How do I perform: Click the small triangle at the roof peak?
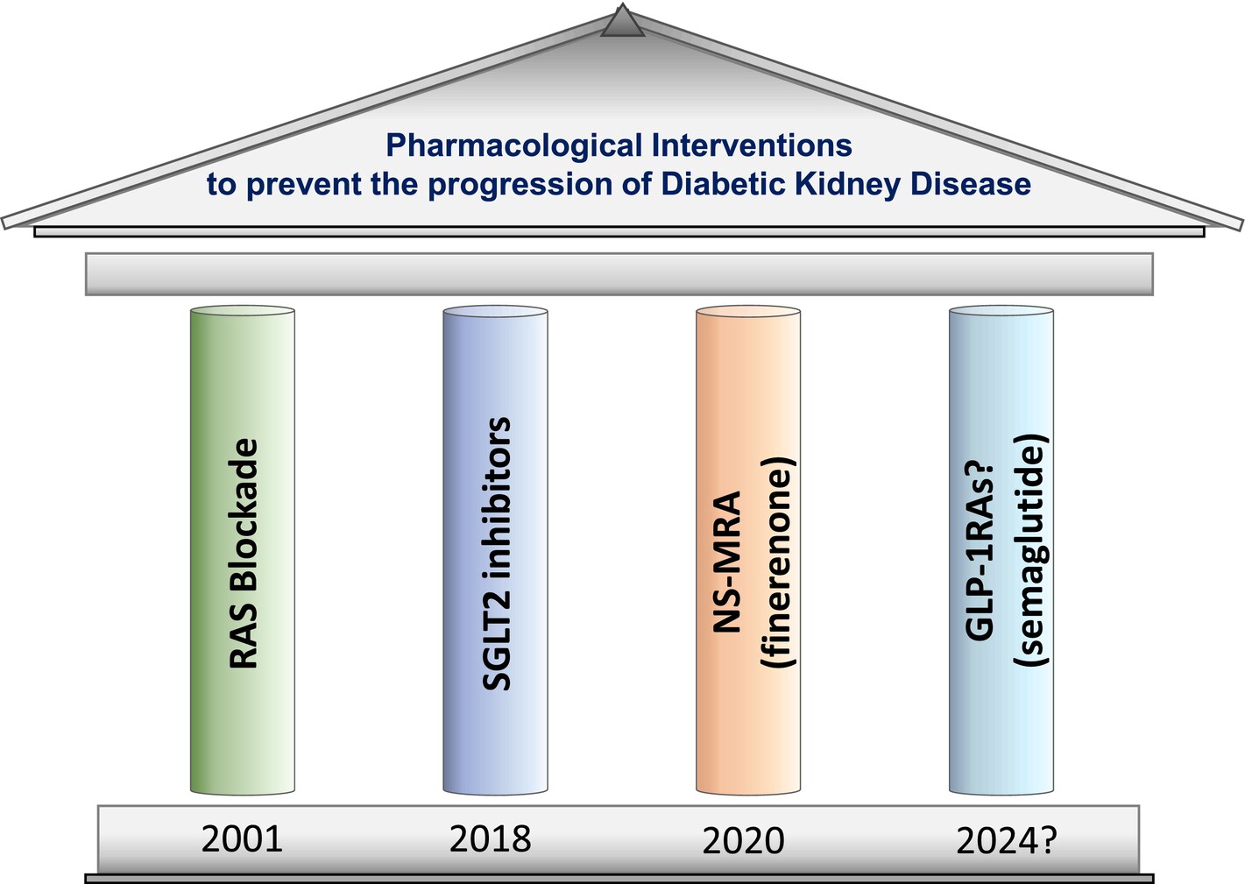622,22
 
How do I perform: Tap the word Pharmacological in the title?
514,146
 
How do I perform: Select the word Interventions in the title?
752,145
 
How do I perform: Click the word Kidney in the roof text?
847,185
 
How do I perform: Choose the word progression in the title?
520,185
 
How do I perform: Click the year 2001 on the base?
242,839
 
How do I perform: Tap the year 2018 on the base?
491,839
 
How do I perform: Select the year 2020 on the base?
743,841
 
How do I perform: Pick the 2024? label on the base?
1006,841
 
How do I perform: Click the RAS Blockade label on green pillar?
244,554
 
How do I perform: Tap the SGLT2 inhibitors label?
496,554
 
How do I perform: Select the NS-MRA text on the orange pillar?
727,562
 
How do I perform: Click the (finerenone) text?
778,562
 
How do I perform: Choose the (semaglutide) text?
1031,550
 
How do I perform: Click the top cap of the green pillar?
243,311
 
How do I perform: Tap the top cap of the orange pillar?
748,311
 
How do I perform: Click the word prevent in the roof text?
304,185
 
